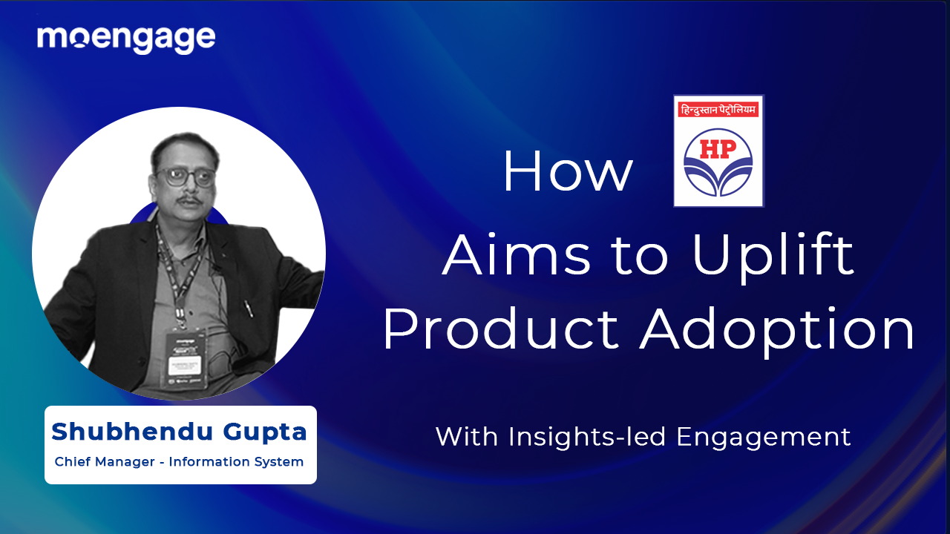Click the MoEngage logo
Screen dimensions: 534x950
(x=126, y=39)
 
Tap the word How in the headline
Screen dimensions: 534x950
(x=568, y=172)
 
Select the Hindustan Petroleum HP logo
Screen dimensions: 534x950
(x=718, y=151)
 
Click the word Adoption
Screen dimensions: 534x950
(x=777, y=330)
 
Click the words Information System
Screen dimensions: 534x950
(x=236, y=462)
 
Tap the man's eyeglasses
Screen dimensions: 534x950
(x=186, y=177)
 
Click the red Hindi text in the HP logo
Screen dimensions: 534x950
(x=718, y=111)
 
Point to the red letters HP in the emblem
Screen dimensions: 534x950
(x=718, y=150)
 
